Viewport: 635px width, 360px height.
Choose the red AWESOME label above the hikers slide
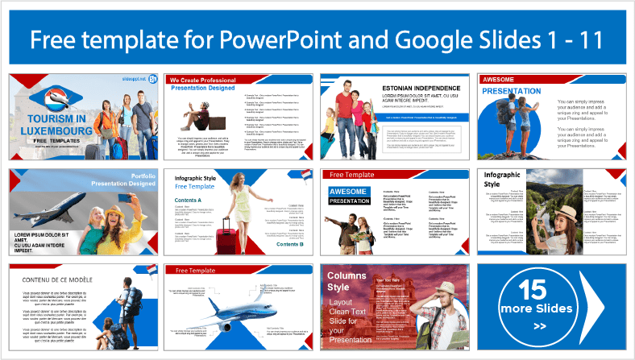504,80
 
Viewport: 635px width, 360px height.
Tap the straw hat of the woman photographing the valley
565,211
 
